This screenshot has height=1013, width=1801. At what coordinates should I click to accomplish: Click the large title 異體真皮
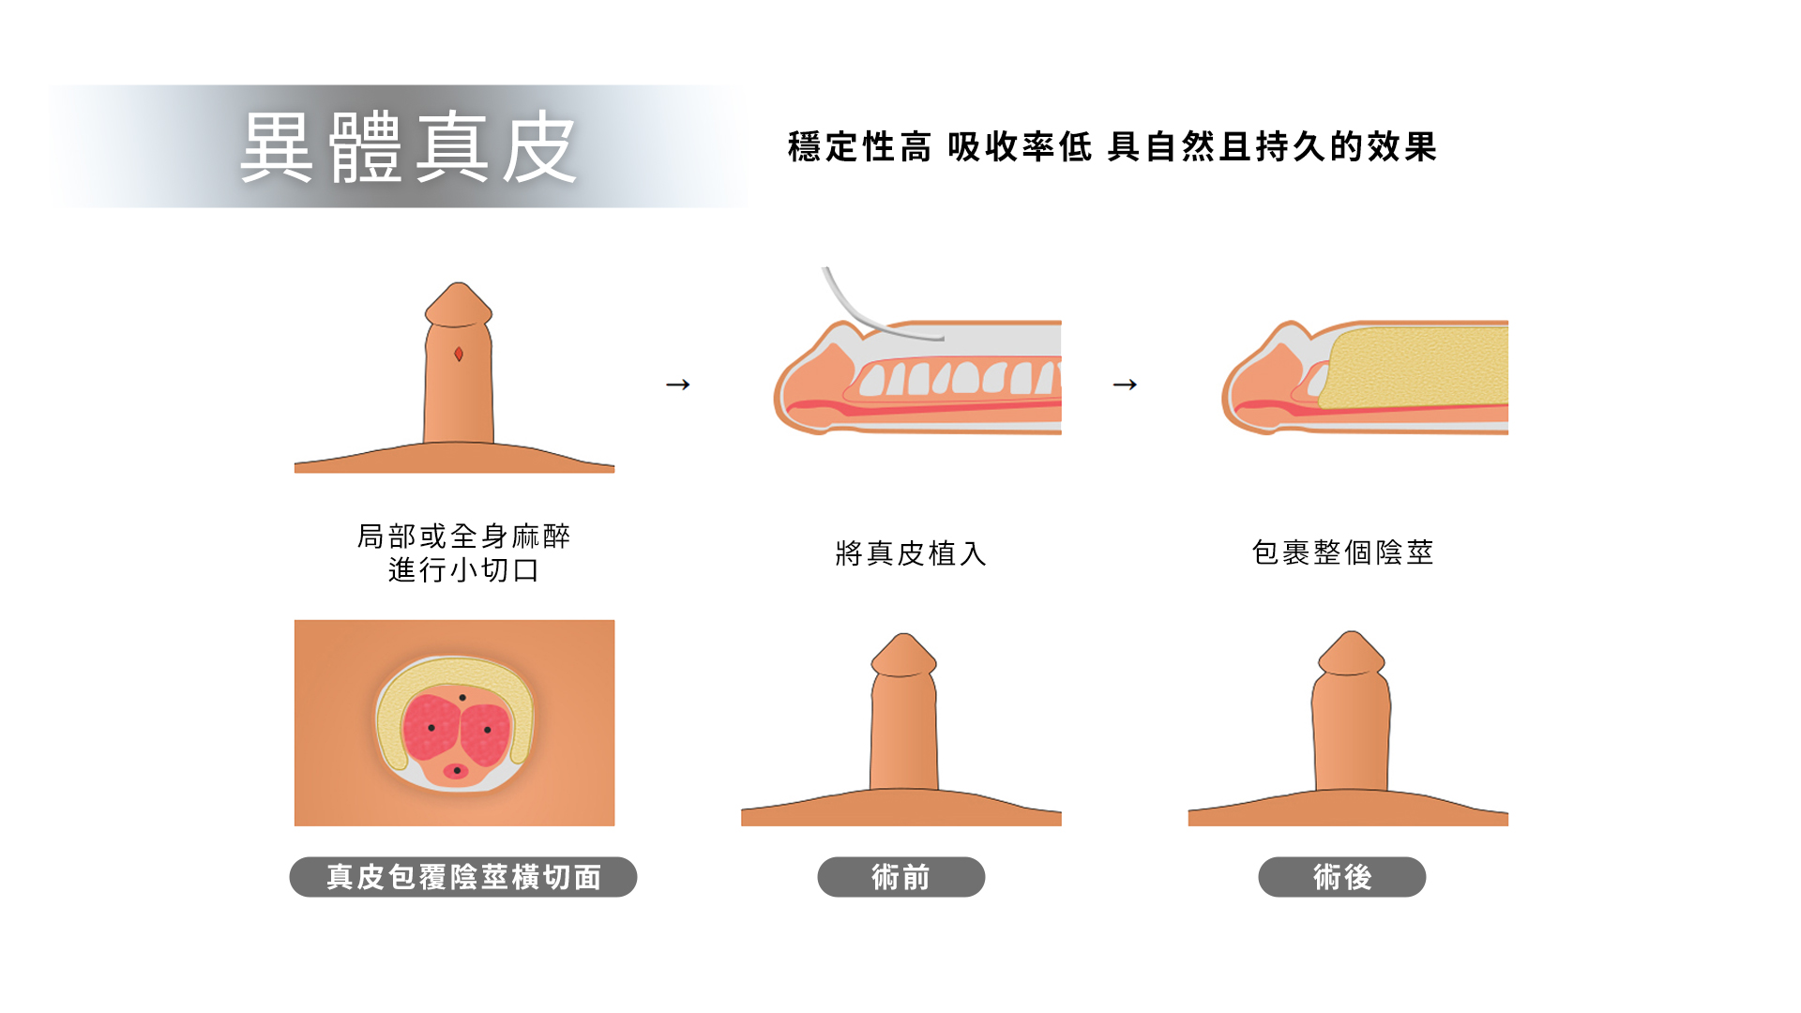tap(408, 147)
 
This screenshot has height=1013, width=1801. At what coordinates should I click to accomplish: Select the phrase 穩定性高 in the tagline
tap(860, 147)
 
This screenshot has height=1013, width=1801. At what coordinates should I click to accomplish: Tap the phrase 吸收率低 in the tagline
tap(1021, 147)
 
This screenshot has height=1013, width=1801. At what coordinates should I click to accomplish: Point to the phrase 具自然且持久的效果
tap(1273, 147)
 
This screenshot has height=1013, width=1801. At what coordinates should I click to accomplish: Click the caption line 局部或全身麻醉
tap(464, 537)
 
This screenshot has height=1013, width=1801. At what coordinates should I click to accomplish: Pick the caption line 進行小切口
tap(464, 570)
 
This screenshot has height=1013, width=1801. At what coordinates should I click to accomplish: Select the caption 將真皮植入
tap(911, 553)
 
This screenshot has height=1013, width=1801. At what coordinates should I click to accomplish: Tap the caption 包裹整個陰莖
tap(1343, 552)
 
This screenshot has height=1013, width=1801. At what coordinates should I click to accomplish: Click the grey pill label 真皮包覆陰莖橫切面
tap(463, 877)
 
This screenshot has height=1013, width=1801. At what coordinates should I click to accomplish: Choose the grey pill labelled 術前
tap(901, 877)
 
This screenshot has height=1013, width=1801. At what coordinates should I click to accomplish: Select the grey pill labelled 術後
tap(1342, 877)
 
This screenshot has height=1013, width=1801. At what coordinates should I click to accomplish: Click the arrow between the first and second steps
tap(678, 385)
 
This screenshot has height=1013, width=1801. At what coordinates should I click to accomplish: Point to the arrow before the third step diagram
tap(1126, 385)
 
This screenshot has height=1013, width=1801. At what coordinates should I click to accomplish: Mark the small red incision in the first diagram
tap(459, 354)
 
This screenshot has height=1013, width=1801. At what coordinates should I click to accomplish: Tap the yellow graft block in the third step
tap(1416, 368)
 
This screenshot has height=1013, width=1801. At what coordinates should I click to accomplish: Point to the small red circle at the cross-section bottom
tap(456, 771)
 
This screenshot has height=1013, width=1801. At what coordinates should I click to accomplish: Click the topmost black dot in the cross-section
tap(462, 698)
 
